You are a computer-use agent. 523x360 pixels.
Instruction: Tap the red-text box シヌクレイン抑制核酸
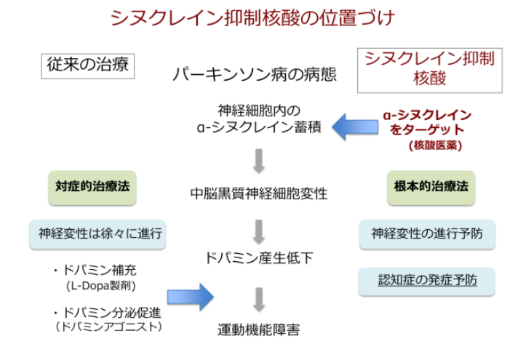[x=429, y=68]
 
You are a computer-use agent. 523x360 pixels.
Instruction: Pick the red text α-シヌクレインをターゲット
[x=427, y=122]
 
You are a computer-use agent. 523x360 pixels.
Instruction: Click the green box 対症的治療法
[x=92, y=186]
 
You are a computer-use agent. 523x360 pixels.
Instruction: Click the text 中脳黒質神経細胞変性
[x=259, y=194]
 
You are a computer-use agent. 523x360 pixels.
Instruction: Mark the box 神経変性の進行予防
[x=427, y=234]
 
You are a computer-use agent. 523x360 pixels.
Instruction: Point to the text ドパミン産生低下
[x=259, y=257]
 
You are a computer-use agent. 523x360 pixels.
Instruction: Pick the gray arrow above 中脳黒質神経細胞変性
[x=259, y=161]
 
